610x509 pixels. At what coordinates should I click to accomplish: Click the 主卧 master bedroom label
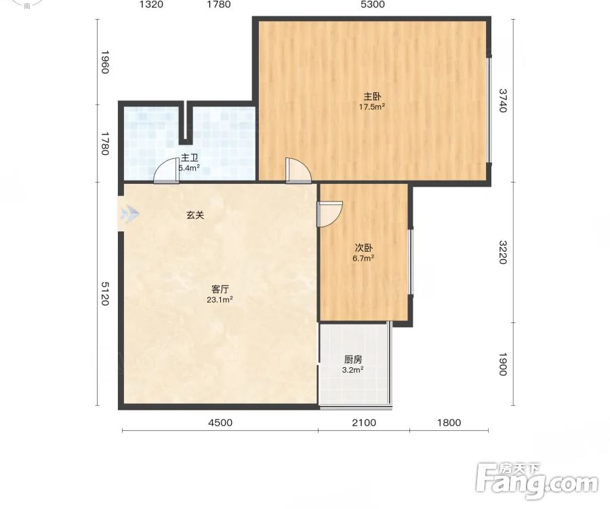[x=372, y=96]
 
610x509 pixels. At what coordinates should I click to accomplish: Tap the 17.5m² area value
[x=372, y=107]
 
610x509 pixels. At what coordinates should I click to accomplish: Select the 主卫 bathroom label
[x=190, y=157]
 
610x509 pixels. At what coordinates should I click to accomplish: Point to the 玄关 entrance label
[x=195, y=215]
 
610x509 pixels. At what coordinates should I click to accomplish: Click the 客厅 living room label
[x=220, y=289]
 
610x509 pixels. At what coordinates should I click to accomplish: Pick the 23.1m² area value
[x=220, y=300]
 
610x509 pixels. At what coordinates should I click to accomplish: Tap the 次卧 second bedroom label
[x=364, y=248]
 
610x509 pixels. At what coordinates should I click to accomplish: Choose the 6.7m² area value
[x=364, y=258]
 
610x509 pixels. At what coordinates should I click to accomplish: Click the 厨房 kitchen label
[x=353, y=360]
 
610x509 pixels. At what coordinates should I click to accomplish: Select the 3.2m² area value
[x=353, y=370]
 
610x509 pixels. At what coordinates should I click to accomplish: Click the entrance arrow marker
[x=129, y=214]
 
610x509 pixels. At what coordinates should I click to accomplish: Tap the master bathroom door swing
[x=167, y=171]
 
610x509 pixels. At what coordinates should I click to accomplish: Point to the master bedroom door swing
[x=298, y=170]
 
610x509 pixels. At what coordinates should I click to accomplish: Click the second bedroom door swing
[x=330, y=214]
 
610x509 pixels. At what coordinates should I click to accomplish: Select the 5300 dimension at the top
[x=373, y=5]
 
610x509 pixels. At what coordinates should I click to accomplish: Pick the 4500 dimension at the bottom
[x=220, y=423]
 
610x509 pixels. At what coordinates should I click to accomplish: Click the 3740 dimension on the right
[x=503, y=100]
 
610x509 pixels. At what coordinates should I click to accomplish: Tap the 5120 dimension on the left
[x=104, y=294]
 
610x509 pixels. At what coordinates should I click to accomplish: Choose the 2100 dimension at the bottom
[x=364, y=423]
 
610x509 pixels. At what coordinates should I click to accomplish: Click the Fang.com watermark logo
[x=537, y=481]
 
